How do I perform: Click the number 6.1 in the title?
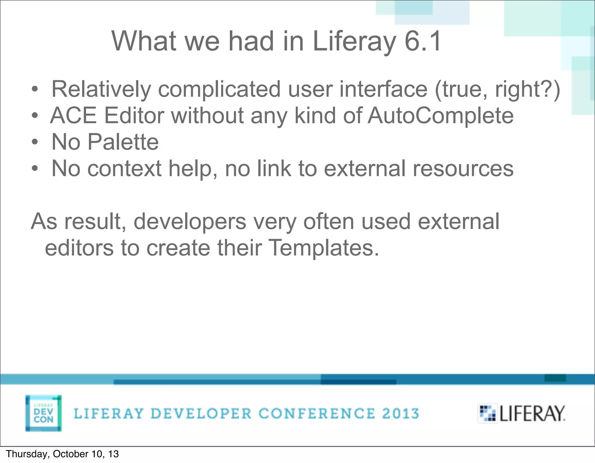pos(423,41)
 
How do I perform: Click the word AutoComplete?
pos(440,116)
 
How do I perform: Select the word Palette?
pos(123,142)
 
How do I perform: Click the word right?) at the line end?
pos(527,89)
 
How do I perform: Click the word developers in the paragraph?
pos(190,221)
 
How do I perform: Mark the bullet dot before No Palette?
pos(35,142)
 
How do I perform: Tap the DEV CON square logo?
pos(44,413)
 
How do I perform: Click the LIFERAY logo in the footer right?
pos(521,413)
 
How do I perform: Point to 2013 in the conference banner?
pos(400,414)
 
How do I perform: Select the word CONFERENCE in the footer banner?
pos(317,414)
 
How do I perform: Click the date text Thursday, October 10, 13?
pos(62,454)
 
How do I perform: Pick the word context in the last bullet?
pos(124,169)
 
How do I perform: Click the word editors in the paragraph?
pos(79,248)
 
